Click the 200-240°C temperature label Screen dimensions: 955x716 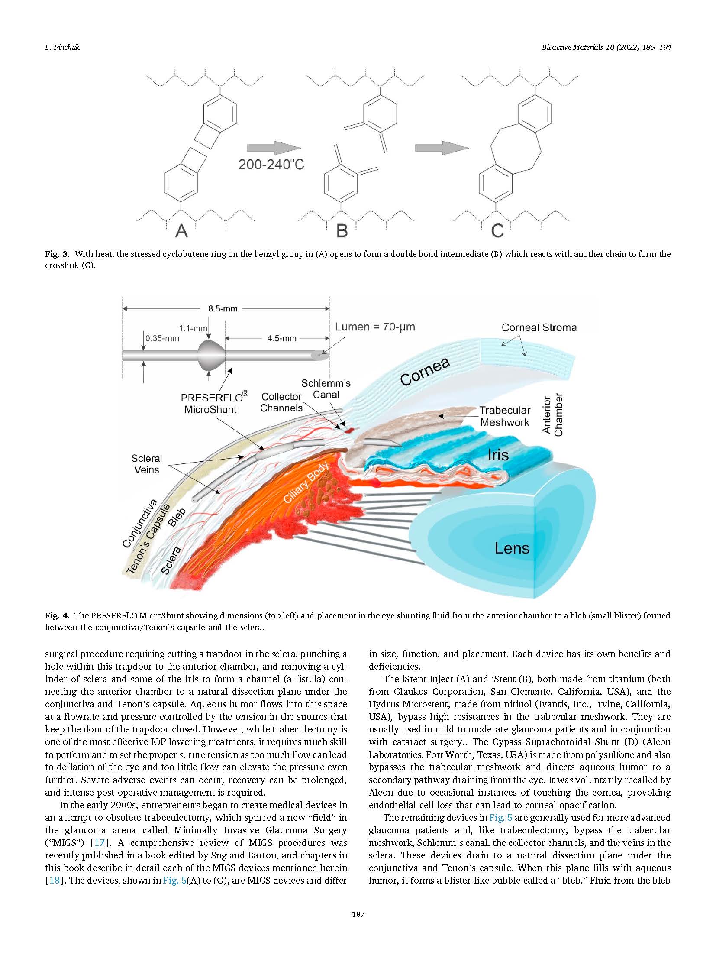point(271,165)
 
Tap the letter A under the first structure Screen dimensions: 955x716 point(182,230)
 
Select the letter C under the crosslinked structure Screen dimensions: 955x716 point(497,230)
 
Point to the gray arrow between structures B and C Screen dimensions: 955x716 point(442,148)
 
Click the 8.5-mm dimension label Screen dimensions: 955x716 point(223,309)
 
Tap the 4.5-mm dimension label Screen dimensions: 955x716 point(282,338)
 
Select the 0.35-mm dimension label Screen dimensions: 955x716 point(162,338)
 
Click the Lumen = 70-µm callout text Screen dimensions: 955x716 point(375,327)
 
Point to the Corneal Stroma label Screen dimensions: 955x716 point(539,327)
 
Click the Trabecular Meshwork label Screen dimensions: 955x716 point(505,416)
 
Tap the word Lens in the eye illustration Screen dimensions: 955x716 point(512,549)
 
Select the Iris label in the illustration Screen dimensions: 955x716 point(498,455)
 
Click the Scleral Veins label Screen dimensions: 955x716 point(146,464)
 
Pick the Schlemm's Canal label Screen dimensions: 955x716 point(326,389)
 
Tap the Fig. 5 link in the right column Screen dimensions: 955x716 point(500,818)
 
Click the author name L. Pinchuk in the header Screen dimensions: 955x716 point(62,47)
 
